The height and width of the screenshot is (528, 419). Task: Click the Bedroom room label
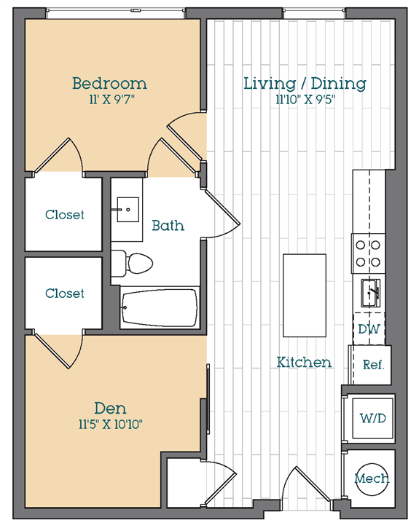(x=109, y=84)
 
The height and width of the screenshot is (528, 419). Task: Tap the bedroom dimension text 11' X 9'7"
(x=111, y=100)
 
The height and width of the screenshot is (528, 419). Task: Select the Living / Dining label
(x=305, y=84)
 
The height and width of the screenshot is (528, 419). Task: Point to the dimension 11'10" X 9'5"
(x=305, y=100)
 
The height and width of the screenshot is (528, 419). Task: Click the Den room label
(x=110, y=409)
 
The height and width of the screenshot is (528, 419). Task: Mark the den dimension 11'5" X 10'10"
(x=111, y=425)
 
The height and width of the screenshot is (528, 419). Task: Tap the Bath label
(x=168, y=225)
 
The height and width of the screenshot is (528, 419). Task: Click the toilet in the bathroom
(x=132, y=263)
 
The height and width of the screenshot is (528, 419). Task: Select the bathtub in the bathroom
(x=160, y=307)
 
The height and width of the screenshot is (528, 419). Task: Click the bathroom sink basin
(x=128, y=210)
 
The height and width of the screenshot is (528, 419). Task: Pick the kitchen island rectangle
(x=305, y=296)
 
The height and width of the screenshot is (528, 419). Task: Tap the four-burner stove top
(x=368, y=253)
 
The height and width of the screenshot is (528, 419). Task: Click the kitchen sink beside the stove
(x=371, y=293)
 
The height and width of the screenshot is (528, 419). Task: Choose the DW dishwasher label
(x=369, y=329)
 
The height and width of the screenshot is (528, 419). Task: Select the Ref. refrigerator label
(x=373, y=364)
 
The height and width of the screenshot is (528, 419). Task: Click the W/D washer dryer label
(x=373, y=418)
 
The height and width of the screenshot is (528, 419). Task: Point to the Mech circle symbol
(x=372, y=479)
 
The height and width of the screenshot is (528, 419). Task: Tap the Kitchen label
(x=304, y=363)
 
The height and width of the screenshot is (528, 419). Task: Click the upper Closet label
(x=65, y=215)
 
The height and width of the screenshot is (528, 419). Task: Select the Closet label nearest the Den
(x=65, y=293)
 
